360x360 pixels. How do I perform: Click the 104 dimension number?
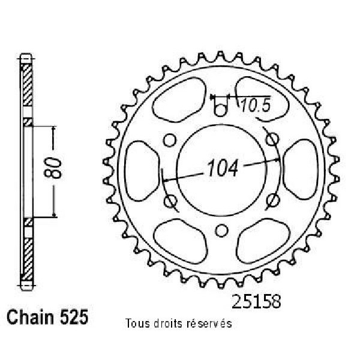point(222,169)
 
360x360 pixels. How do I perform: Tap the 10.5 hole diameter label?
point(256,106)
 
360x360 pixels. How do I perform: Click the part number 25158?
point(256,301)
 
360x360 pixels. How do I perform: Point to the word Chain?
point(30,317)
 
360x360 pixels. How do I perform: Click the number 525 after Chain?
point(74,317)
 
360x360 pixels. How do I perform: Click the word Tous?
point(137,323)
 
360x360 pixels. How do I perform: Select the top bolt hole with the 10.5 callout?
point(220,110)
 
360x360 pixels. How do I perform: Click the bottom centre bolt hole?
point(221,230)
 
